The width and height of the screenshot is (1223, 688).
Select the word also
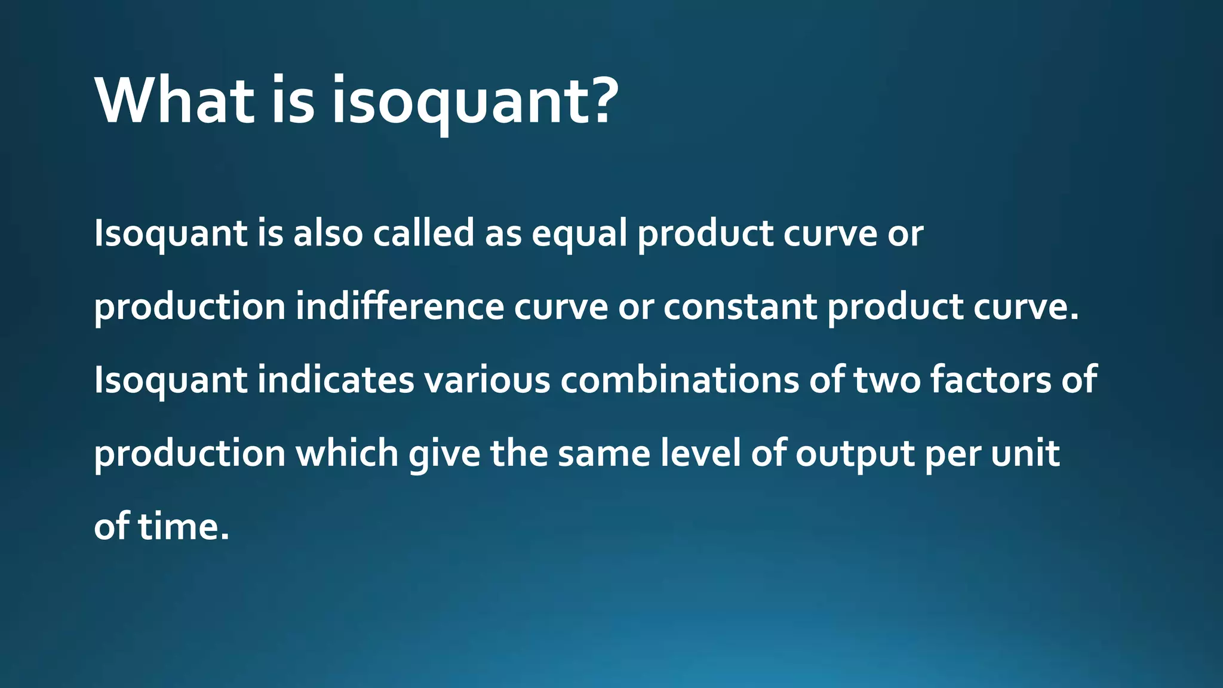pyautogui.click(x=328, y=233)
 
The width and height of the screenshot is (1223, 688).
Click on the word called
pyautogui.click(x=423, y=233)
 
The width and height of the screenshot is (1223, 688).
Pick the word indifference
pyautogui.click(x=400, y=306)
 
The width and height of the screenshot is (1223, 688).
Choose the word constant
pyautogui.click(x=740, y=306)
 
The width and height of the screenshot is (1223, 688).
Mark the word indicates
pyautogui.click(x=336, y=380)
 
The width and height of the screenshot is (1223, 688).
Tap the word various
pyautogui.click(x=487, y=380)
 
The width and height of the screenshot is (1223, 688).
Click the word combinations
pyautogui.click(x=679, y=380)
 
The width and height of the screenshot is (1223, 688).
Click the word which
pyautogui.click(x=347, y=453)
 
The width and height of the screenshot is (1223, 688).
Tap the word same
pyautogui.click(x=604, y=453)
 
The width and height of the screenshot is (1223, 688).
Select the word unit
pyautogui.click(x=1025, y=453)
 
